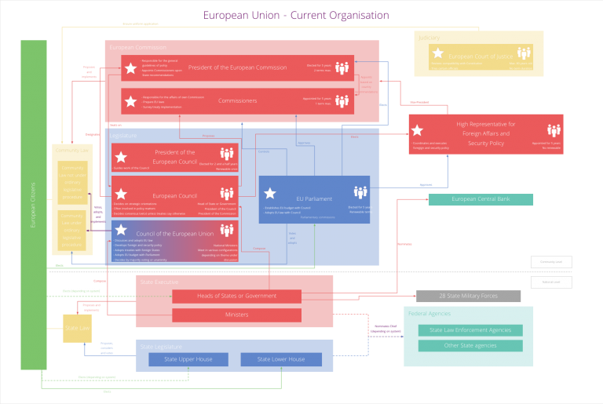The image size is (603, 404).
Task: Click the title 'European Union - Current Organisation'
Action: click(295, 16)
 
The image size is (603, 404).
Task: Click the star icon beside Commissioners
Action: click(130, 100)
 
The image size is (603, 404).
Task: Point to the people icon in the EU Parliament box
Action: click(360, 192)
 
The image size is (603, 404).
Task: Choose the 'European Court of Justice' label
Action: click(480, 56)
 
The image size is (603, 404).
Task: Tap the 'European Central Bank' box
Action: click(481, 199)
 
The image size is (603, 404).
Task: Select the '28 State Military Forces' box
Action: click(468, 297)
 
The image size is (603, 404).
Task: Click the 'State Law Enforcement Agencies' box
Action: click(470, 330)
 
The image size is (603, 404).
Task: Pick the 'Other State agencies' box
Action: click(470, 346)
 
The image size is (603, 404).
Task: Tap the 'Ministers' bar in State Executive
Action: click(236, 315)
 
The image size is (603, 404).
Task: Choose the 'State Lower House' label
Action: click(281, 359)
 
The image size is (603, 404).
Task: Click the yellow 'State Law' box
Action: click(76, 328)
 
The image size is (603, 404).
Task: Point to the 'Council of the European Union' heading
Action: click(174, 234)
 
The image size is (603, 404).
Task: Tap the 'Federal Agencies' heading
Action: click(428, 313)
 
